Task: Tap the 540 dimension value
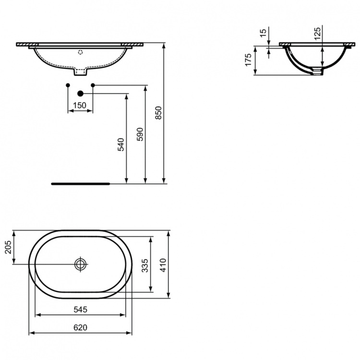tap(121, 144)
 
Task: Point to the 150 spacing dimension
tap(80, 105)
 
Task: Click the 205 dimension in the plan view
tap(7, 248)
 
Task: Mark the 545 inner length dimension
tap(81, 310)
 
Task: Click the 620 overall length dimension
tap(81, 327)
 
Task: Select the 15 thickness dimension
tap(262, 34)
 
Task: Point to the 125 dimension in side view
tap(317, 34)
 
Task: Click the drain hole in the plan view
tap(80, 264)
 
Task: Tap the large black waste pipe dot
tap(80, 94)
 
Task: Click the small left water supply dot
tap(68, 85)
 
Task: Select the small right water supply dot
tap(93, 85)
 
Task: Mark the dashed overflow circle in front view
tap(81, 50)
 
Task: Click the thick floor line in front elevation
tap(81, 183)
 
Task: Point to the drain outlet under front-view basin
tap(81, 72)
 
